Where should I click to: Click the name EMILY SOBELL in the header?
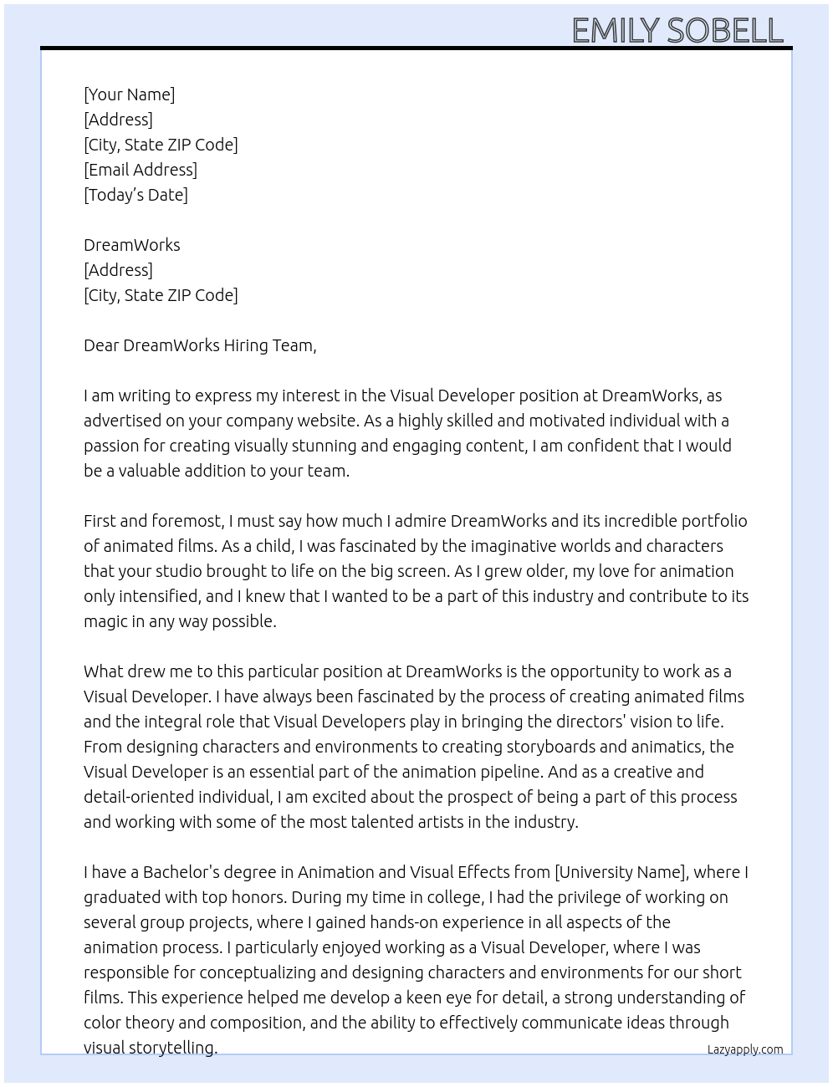677,31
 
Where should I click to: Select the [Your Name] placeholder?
129,94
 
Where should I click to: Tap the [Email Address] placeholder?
141,170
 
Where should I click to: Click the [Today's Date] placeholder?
135,195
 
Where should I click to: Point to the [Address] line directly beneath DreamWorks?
118,270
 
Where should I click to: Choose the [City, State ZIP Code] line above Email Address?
161,145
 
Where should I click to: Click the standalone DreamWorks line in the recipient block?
131,245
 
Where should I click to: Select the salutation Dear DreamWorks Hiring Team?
200,345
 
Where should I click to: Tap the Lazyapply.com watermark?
745,1049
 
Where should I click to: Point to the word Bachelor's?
181,872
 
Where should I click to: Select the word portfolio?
713,521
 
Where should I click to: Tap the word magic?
105,621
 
